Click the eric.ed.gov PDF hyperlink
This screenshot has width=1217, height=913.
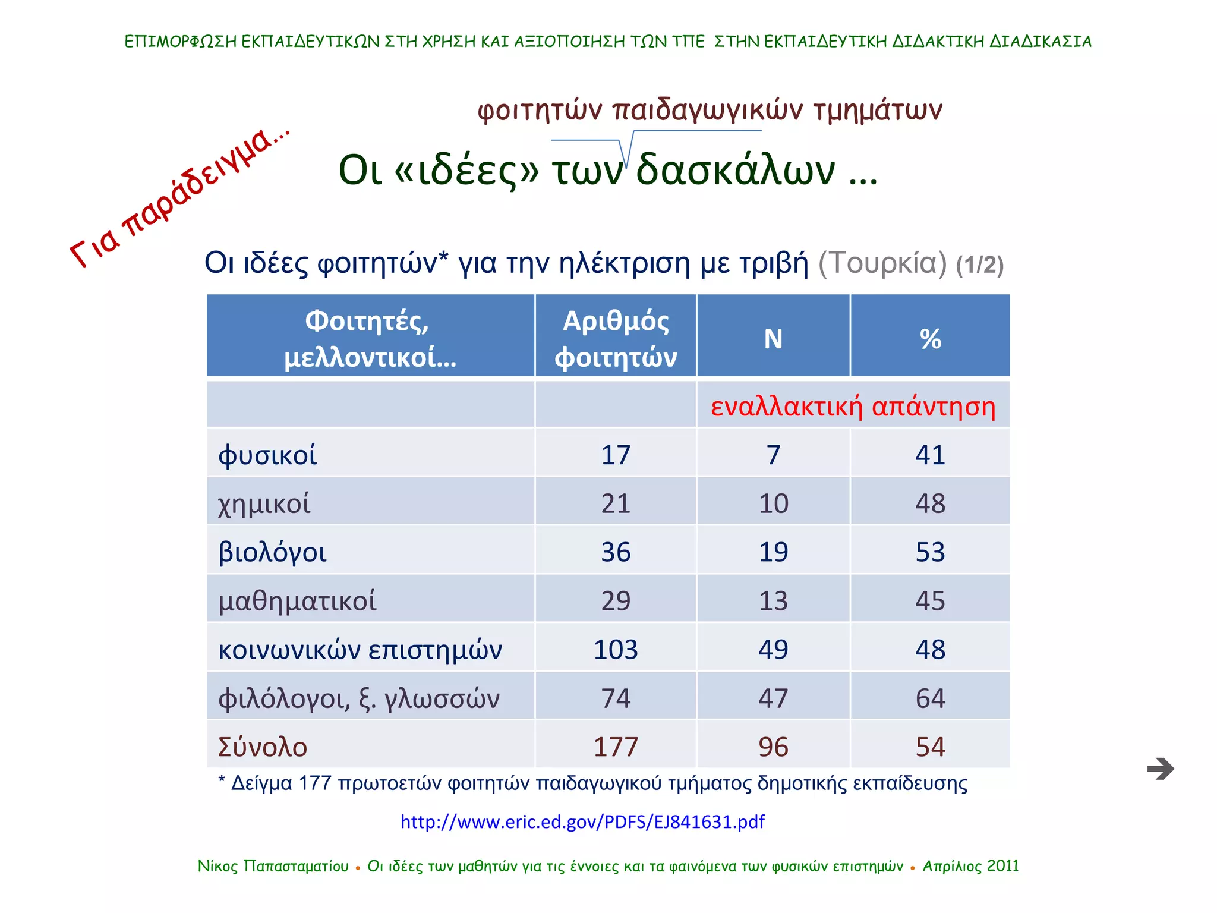[582, 821]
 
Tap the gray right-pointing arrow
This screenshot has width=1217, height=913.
[1161, 769]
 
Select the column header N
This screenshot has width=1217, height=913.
[773, 339]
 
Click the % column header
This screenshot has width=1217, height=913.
[930, 339]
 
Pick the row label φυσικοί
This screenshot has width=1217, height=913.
[267, 455]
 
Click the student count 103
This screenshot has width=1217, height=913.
[616, 649]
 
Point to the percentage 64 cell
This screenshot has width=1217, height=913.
[930, 698]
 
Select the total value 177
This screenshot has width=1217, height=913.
[616, 747]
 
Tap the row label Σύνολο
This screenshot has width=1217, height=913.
[263, 747]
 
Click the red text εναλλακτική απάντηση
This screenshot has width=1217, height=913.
[853, 406]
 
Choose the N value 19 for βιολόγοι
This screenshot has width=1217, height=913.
[773, 552]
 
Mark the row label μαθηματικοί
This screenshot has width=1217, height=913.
[297, 600]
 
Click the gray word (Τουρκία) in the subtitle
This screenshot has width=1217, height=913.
[882, 263]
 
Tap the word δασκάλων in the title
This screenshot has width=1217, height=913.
[736, 170]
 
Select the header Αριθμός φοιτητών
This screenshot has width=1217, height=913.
[616, 339]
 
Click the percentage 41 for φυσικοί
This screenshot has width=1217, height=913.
[930, 455]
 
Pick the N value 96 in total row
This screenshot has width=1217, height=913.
[773, 747]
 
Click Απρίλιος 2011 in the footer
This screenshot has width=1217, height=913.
[970, 866]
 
